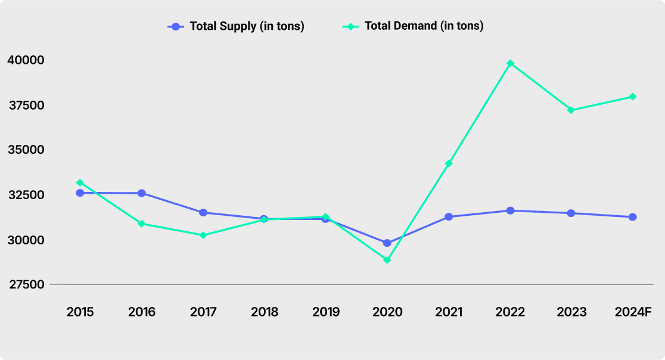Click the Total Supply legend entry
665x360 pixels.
pos(236,26)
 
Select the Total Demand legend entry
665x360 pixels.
pos(413,26)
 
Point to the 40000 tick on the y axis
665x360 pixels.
pos(26,60)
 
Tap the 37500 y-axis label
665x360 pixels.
pos(27,105)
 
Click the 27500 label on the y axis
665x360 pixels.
pos(27,284)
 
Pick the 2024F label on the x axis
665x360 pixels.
pos(633,312)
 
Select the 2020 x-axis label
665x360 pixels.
pos(387,312)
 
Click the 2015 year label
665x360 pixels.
pos(80,312)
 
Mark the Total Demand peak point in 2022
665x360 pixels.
pos(510,64)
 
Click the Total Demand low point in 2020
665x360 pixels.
pos(387,260)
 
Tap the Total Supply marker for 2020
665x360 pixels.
pos(387,243)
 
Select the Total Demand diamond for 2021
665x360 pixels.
pos(449,163)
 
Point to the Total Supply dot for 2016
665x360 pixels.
pos(142,193)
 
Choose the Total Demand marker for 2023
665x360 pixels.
pos(571,110)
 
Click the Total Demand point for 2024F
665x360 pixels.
pos(633,97)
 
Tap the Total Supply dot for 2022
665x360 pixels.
pos(510,211)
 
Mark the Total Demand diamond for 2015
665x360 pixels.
pos(80,183)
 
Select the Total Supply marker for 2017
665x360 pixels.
pos(203,212)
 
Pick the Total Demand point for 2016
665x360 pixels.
pos(142,224)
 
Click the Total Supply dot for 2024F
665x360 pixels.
pos(633,217)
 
